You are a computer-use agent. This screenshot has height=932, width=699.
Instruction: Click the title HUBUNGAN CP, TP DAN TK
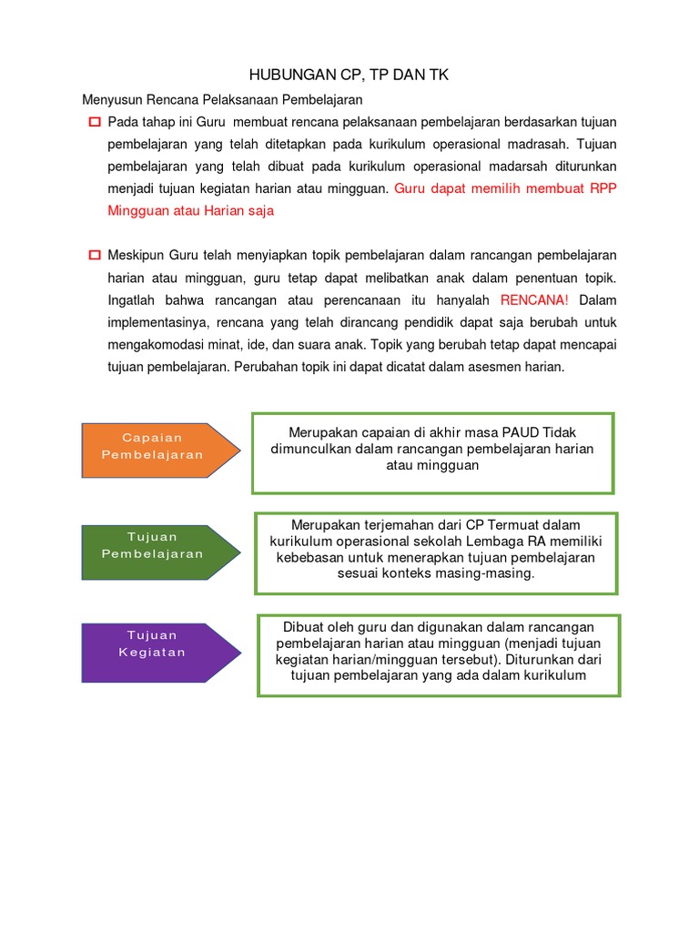click(x=349, y=76)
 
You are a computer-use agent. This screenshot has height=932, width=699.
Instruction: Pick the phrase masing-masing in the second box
click(x=491, y=574)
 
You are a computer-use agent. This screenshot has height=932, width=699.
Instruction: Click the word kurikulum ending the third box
click(x=555, y=675)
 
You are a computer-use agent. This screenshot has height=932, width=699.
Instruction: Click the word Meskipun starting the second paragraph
click(x=137, y=255)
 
